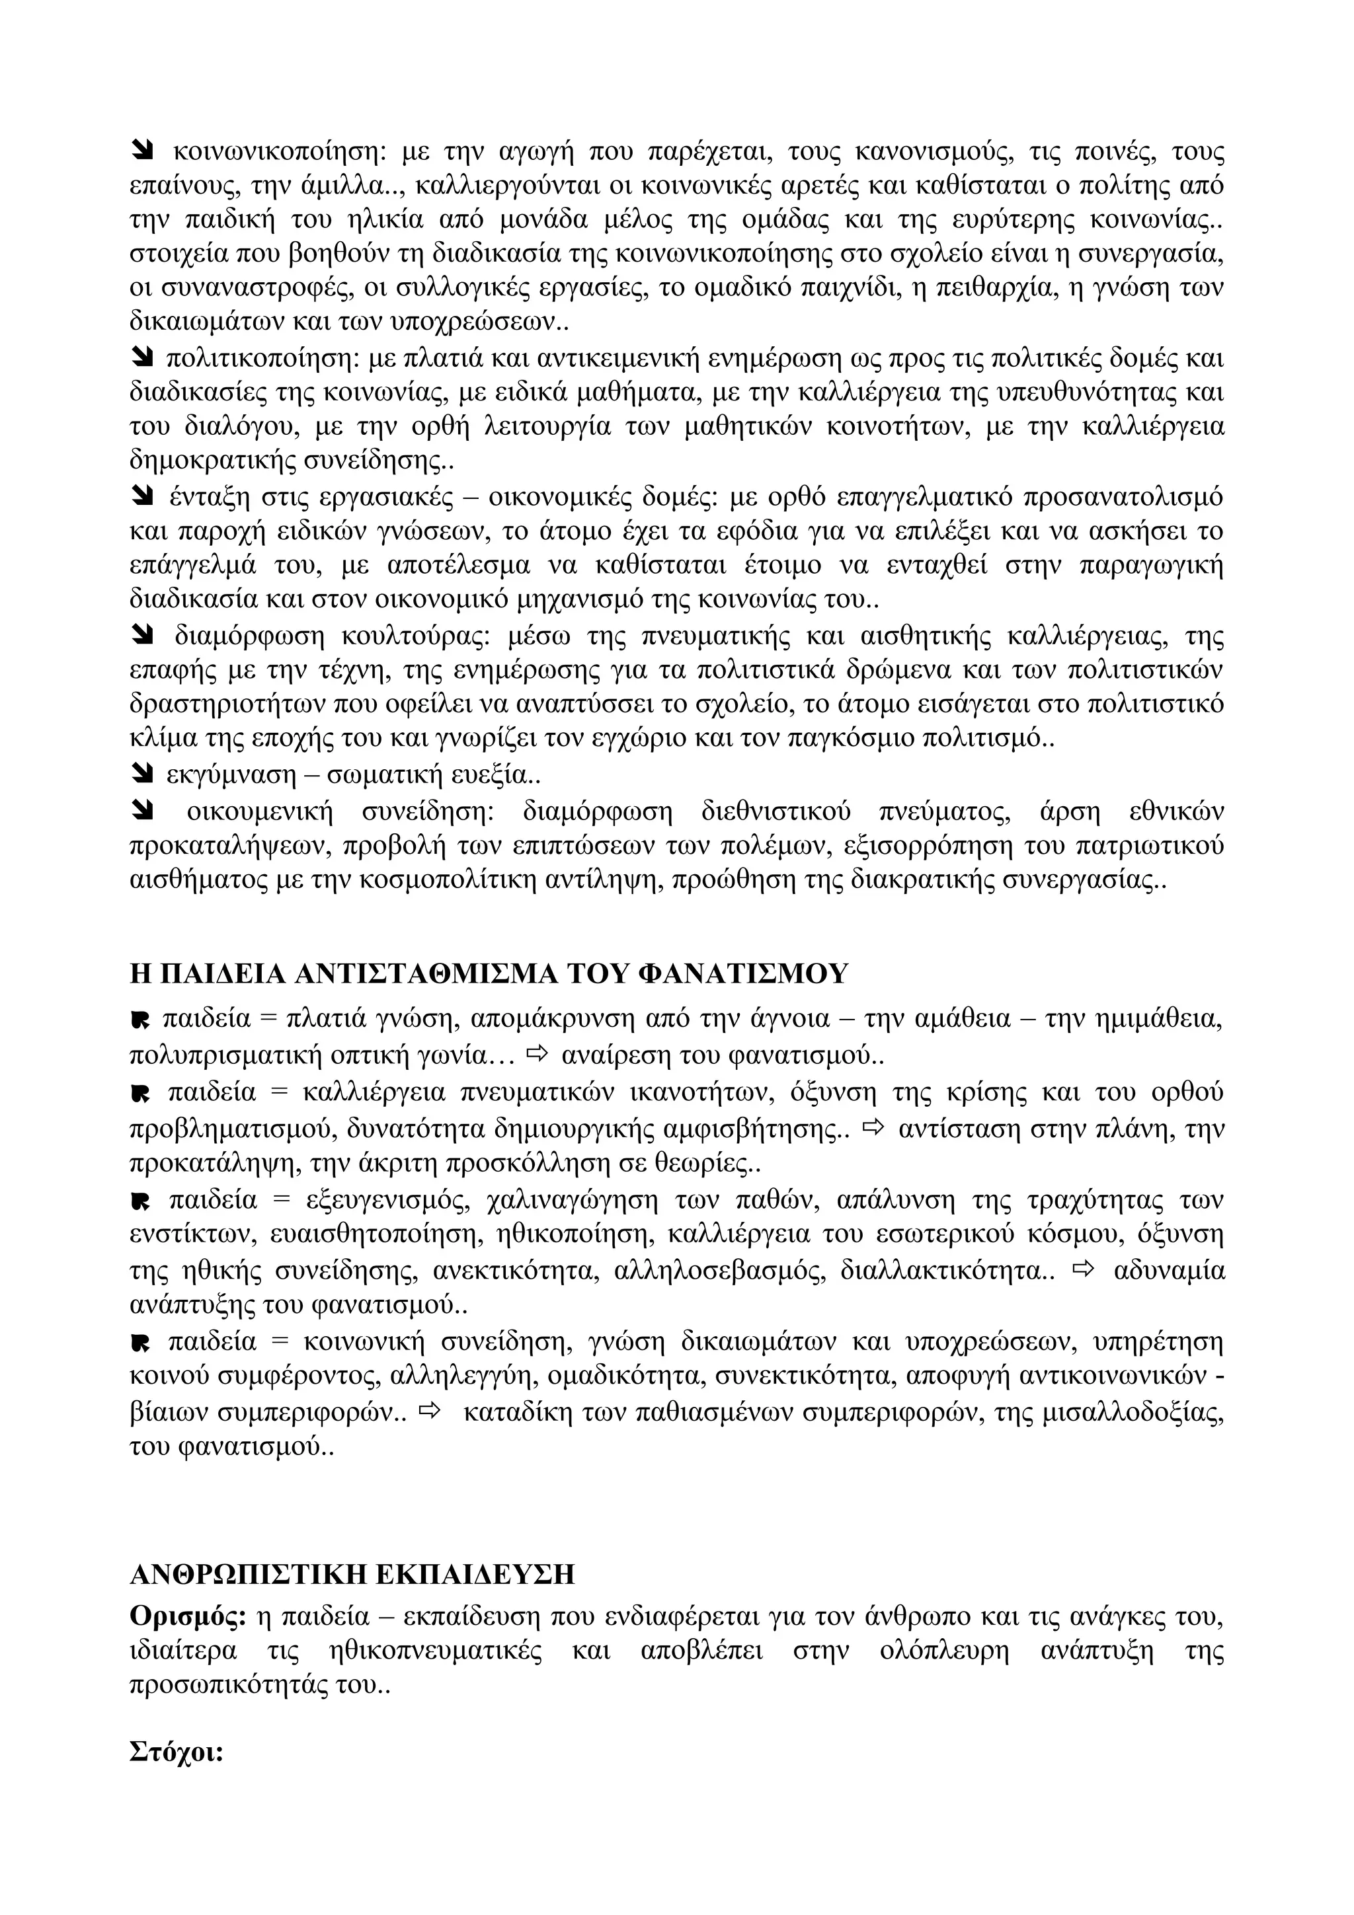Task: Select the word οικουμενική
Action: tap(259, 811)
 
